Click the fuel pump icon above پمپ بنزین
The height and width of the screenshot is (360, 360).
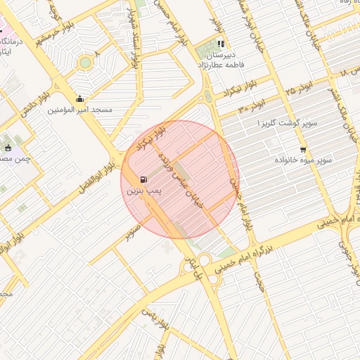click(144, 179)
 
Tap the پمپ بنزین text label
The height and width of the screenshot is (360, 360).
click(144, 191)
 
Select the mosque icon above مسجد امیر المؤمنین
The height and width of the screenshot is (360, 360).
click(79, 98)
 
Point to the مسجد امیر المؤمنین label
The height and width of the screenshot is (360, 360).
click(80, 110)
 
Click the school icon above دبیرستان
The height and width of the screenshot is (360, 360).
click(221, 44)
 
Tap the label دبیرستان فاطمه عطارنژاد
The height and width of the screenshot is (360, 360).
click(221, 59)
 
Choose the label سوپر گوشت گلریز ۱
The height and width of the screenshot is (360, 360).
click(288, 124)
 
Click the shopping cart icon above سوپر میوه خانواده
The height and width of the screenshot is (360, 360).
click(303, 149)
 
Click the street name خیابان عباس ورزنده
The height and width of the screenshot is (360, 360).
click(182, 176)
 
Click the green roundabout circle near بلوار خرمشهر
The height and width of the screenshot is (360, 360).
click(85, 63)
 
